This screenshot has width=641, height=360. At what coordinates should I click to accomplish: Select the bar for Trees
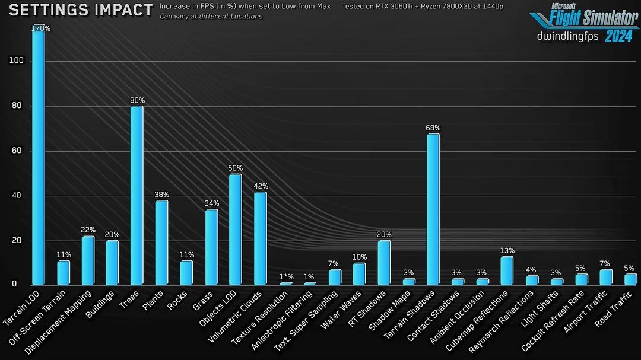click(137, 195)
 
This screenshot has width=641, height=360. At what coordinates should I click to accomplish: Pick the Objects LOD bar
click(235, 229)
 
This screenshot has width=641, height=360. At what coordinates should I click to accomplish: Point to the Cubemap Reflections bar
click(506, 270)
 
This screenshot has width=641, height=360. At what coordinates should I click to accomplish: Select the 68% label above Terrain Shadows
click(433, 128)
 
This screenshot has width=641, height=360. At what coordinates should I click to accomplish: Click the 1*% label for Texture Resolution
click(286, 277)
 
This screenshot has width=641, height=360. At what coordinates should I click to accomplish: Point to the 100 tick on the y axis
click(16, 60)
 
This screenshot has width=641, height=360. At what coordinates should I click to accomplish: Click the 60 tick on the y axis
click(16, 151)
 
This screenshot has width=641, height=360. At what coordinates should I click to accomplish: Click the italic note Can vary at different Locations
click(211, 16)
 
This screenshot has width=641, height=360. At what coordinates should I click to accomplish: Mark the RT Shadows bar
click(384, 262)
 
